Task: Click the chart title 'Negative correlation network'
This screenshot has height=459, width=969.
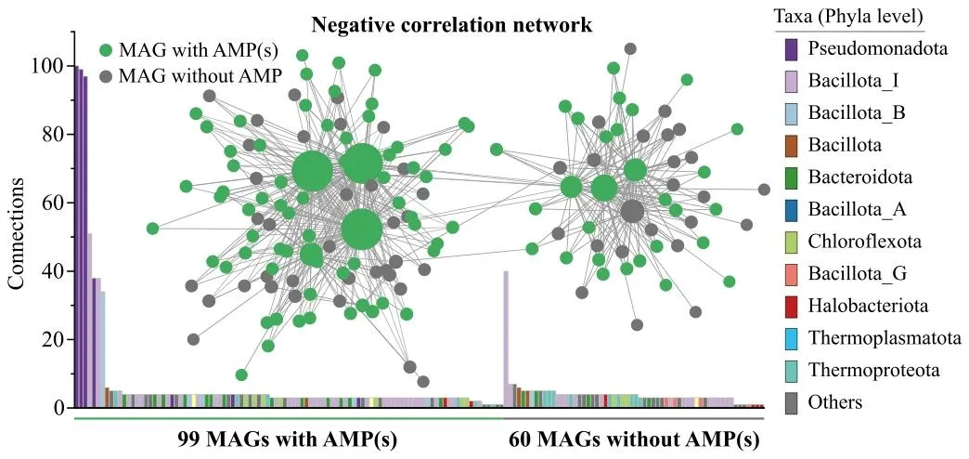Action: coord(452,24)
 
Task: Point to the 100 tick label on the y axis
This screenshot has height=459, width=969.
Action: coord(49,66)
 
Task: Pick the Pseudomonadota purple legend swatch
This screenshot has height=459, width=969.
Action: coord(792,49)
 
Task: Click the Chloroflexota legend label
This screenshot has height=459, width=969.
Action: coord(864,242)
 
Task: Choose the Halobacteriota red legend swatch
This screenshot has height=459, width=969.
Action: coord(792,307)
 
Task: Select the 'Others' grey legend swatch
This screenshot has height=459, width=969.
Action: coord(792,403)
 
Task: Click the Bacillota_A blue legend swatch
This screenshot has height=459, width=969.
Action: coord(792,210)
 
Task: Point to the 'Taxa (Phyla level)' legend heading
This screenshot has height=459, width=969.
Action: coord(849,18)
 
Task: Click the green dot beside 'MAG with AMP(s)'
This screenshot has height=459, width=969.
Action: coord(106,50)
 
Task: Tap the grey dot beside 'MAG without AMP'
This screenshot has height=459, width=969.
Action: coord(106,74)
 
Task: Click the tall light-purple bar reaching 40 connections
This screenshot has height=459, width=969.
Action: coord(506,339)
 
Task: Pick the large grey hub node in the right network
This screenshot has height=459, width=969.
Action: coord(632,211)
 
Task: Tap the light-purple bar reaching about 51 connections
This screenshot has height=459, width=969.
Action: coord(90,320)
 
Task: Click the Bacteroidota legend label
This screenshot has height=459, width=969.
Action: coord(859,177)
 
